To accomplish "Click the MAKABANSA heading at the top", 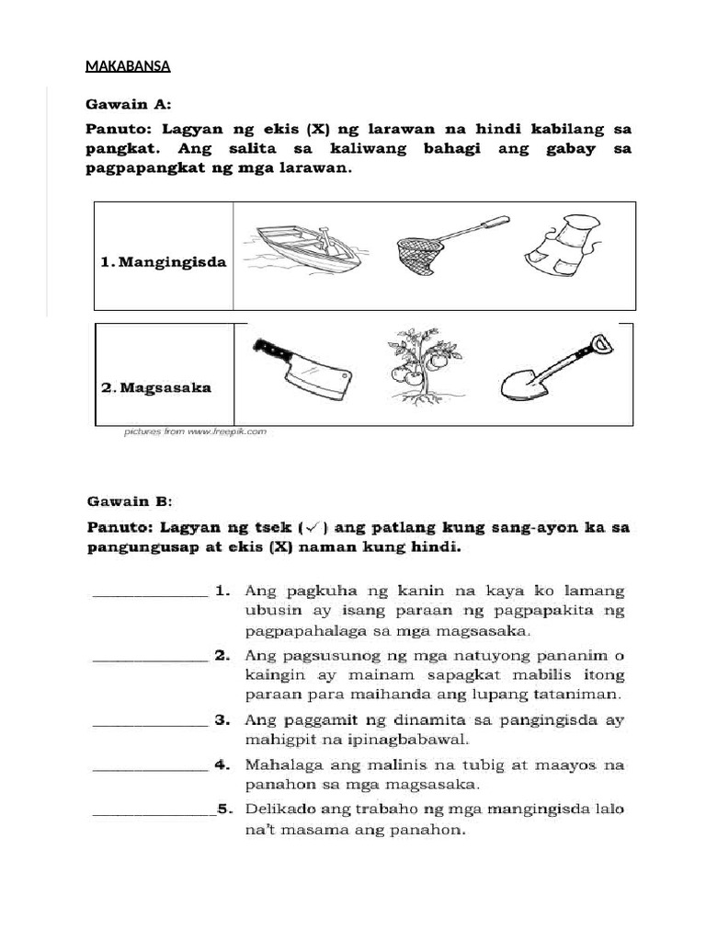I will click(x=128, y=66).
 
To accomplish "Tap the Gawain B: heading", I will click(x=129, y=501).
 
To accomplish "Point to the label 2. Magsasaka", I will click(x=156, y=387).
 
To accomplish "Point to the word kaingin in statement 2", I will click(x=273, y=675).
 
